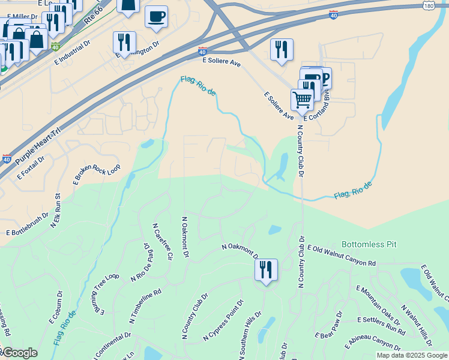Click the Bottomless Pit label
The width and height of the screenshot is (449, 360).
pyautogui.click(x=369, y=245)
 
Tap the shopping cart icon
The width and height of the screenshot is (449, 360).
pyautogui.click(x=302, y=99)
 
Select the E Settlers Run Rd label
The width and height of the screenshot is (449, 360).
pyautogui.click(x=381, y=325)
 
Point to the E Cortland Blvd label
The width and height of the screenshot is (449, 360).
pyautogui.click(x=318, y=107)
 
